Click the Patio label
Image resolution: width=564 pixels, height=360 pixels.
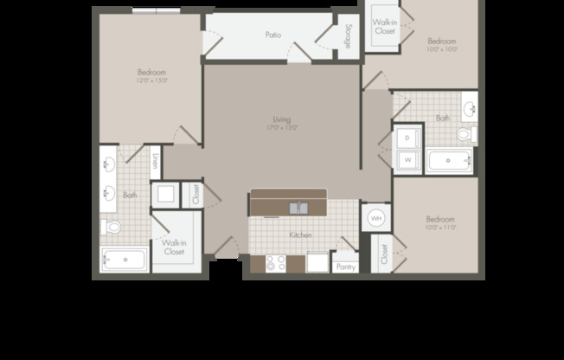point(272,35)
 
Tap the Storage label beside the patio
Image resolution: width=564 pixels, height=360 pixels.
point(349,37)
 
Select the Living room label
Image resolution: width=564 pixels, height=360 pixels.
point(281,119)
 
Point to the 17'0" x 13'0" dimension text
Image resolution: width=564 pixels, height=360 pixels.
point(281,128)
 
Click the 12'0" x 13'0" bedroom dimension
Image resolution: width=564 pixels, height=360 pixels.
point(151,80)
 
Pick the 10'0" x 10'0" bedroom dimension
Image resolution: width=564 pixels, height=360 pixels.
point(441,49)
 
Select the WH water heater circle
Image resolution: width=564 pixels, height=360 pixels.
point(376,218)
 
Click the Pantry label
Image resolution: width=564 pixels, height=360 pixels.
point(345,267)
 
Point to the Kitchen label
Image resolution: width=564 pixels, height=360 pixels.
point(301,235)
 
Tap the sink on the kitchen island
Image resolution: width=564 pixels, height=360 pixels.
point(298,208)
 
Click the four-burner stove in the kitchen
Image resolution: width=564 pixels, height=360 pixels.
point(276,264)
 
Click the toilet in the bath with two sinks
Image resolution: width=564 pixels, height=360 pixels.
point(111,228)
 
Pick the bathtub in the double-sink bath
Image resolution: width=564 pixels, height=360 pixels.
point(124,260)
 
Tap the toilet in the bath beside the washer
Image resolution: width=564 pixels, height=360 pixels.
point(465,135)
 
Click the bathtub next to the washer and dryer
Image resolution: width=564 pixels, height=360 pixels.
point(449,161)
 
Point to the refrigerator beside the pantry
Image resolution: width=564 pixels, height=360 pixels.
point(317,263)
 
